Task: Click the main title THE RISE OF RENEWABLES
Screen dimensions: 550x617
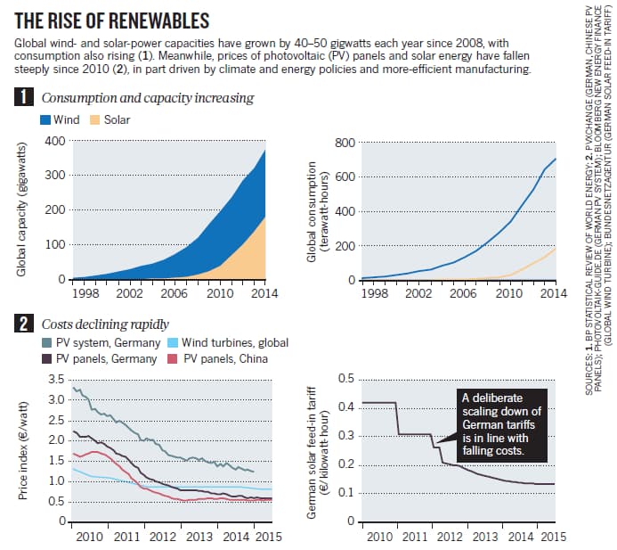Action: pyautogui.click(x=115, y=21)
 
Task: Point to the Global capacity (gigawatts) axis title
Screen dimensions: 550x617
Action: pyautogui.click(x=21, y=209)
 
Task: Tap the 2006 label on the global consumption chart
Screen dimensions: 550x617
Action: pyautogui.click(x=461, y=293)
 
